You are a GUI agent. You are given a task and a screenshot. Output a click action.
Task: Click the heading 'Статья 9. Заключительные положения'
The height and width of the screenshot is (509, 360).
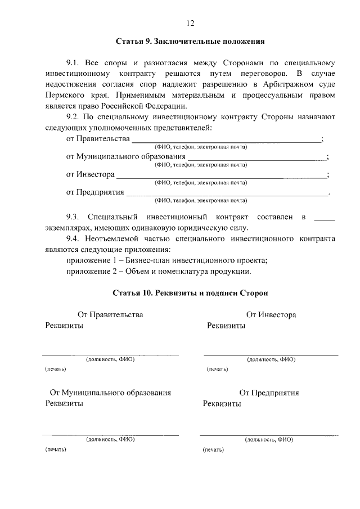(x=190, y=42)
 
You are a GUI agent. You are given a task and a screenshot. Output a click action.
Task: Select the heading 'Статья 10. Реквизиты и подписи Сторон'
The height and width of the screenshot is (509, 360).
(x=190, y=293)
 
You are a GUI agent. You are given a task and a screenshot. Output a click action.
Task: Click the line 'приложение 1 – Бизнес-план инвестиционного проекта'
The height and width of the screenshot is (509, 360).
(x=166, y=260)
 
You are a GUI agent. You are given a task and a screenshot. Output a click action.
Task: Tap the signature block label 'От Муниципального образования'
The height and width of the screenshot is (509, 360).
(x=110, y=393)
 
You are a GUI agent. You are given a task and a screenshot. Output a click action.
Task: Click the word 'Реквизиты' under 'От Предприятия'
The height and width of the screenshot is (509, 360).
(x=222, y=404)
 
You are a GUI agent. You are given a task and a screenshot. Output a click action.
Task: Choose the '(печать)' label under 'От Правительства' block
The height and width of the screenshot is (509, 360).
(x=55, y=369)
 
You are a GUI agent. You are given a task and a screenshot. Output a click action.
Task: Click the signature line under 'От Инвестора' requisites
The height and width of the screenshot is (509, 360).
(x=271, y=355)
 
